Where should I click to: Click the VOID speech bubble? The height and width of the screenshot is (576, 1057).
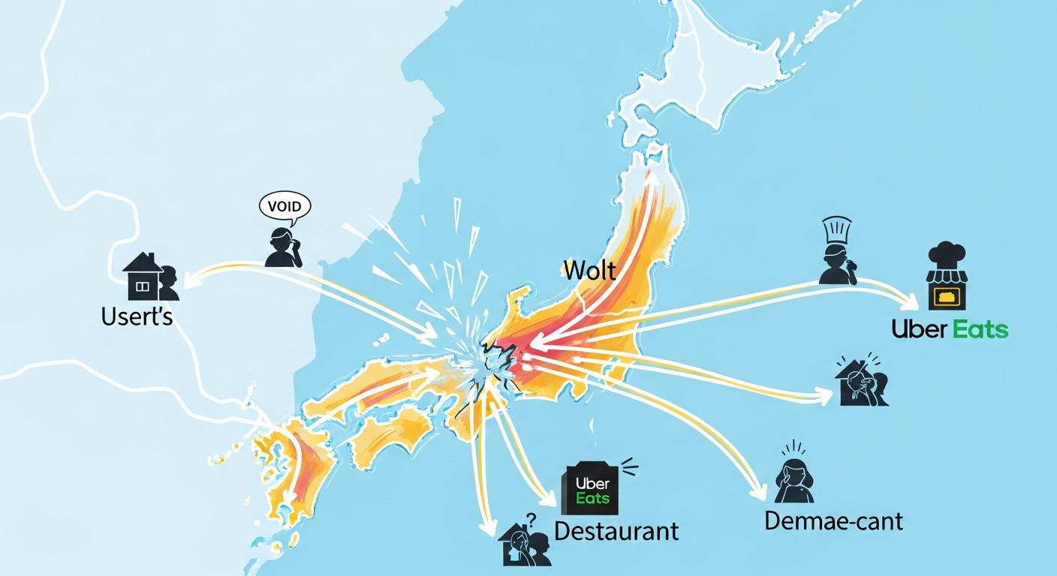tap(285, 205)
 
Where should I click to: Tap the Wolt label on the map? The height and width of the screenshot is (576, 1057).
tap(589, 269)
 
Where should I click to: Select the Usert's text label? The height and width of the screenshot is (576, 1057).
tap(137, 316)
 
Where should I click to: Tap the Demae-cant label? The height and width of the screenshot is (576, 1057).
tap(833, 520)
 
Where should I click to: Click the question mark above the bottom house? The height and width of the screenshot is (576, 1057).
tap(532, 519)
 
